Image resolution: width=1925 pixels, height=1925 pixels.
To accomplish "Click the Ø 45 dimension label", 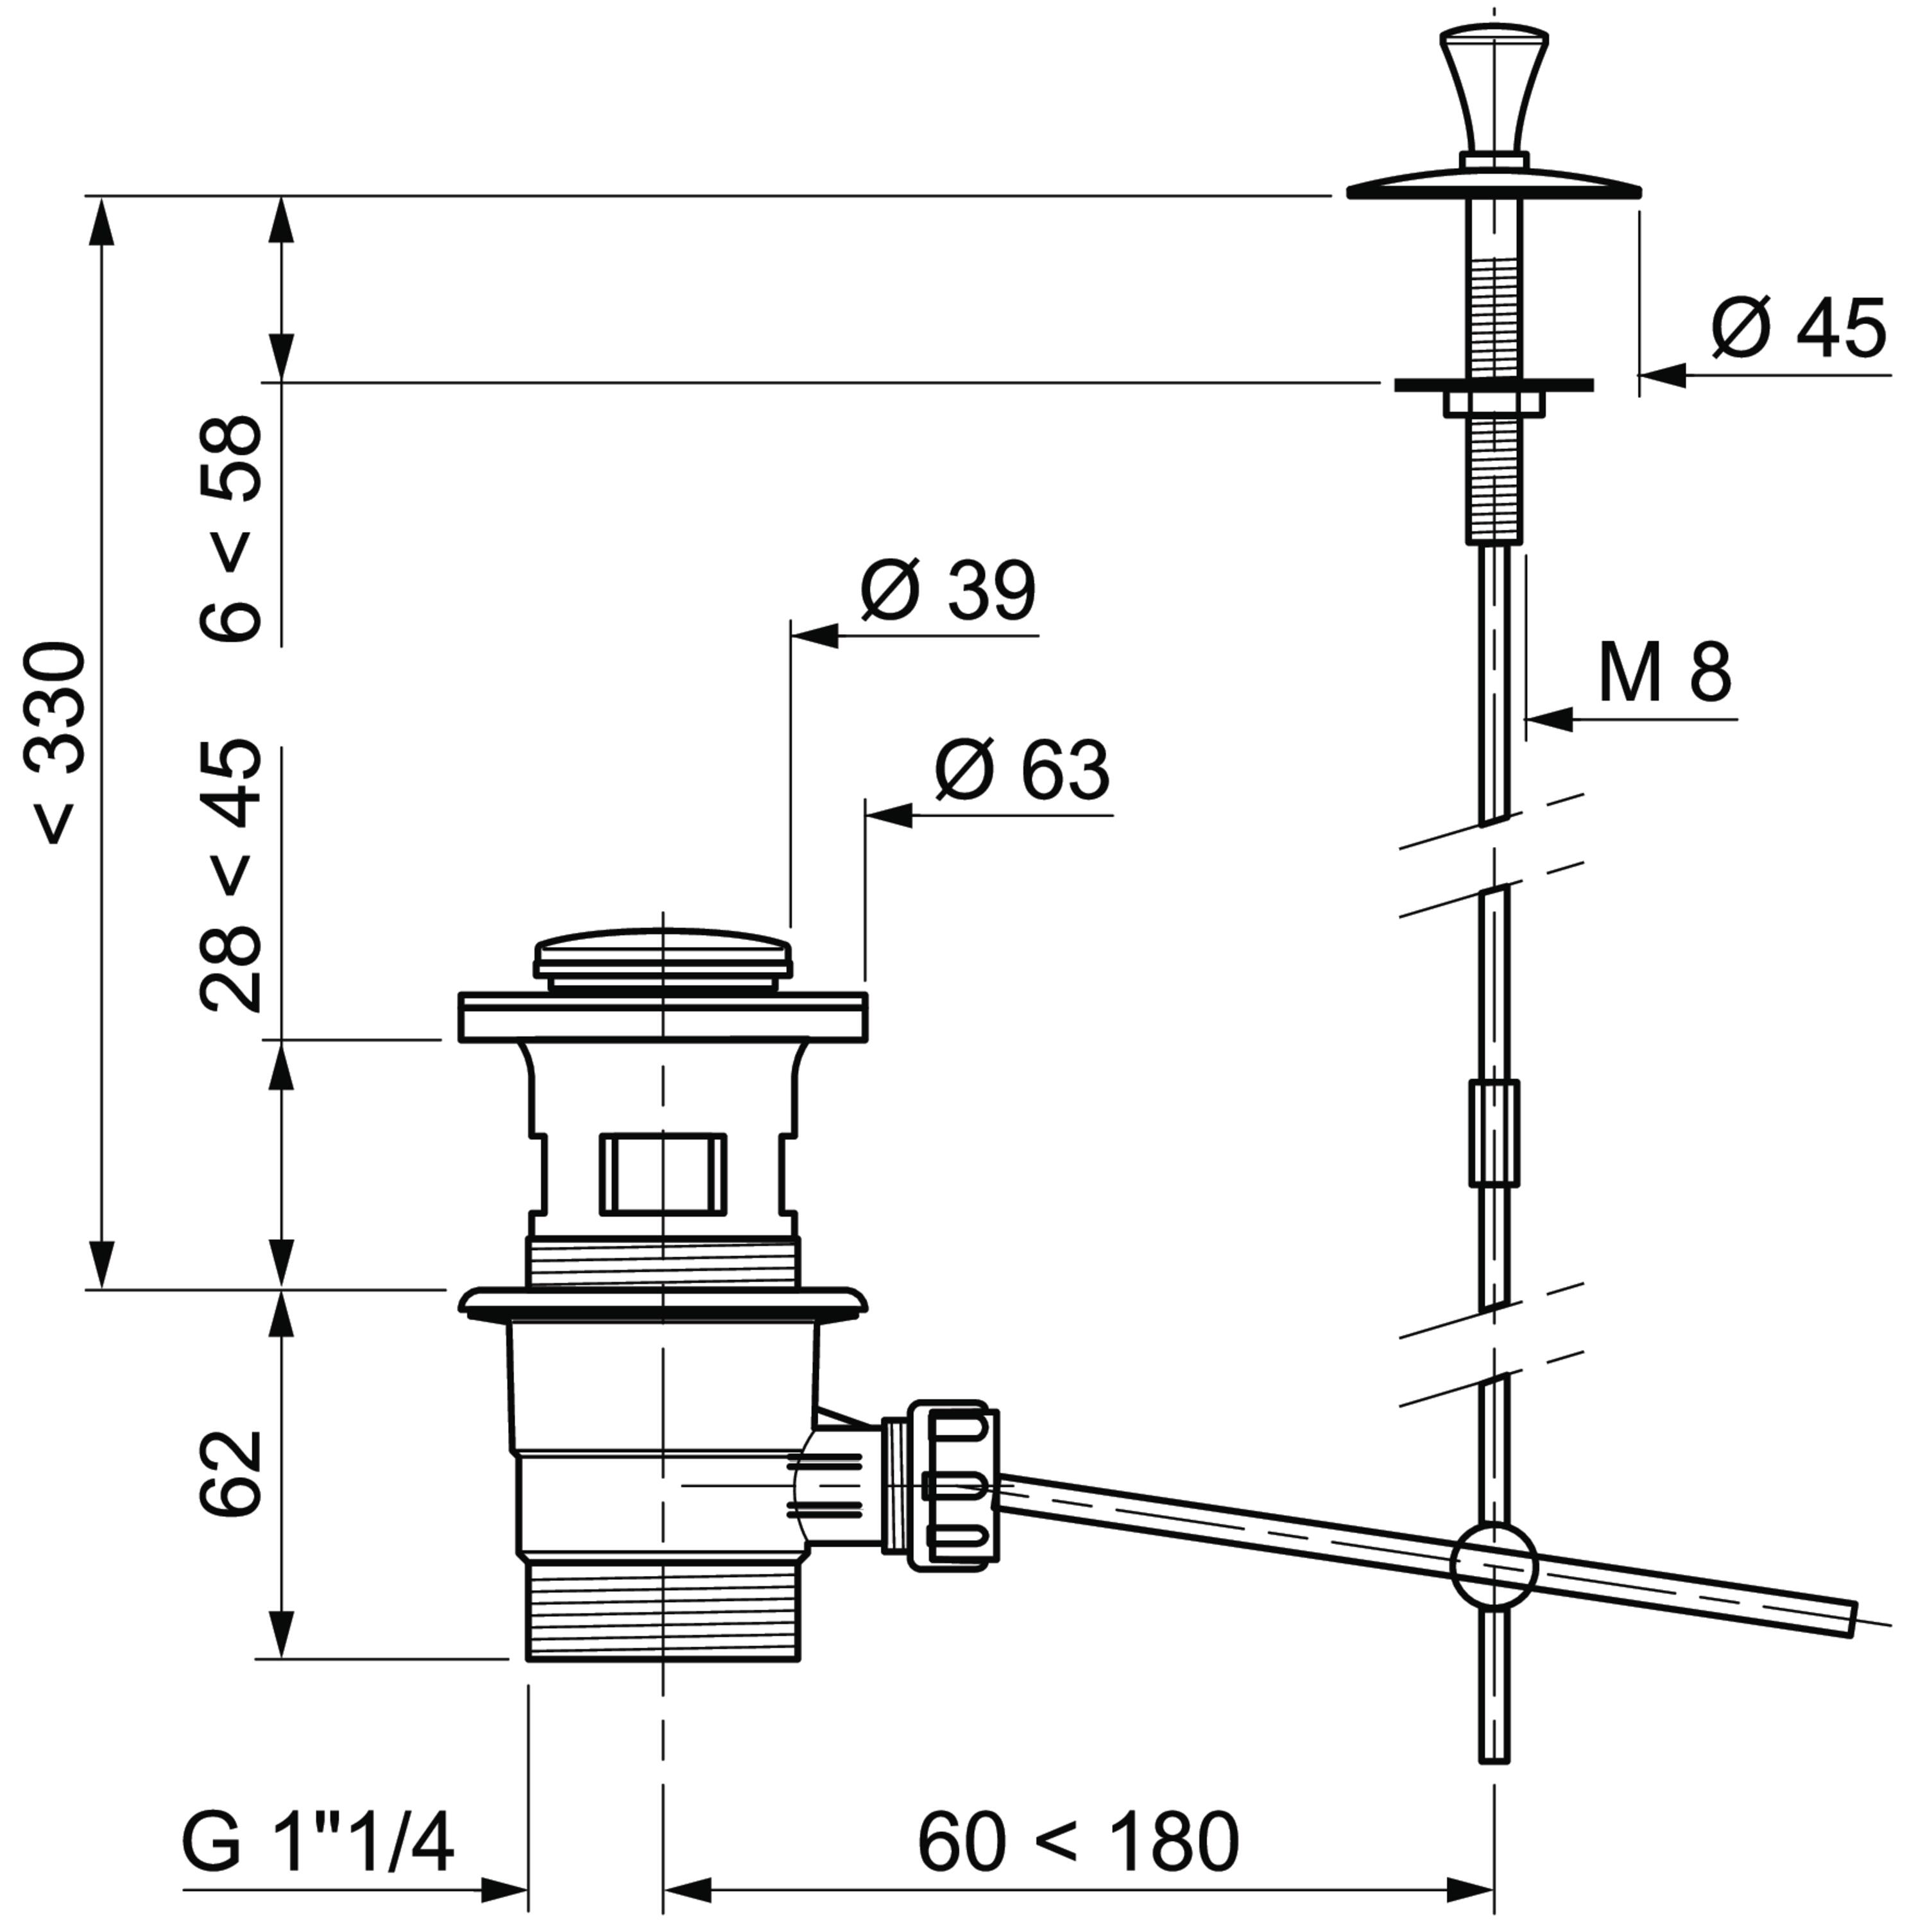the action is pos(1799,328).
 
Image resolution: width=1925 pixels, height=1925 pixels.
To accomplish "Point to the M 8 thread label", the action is pos(1665,674).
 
